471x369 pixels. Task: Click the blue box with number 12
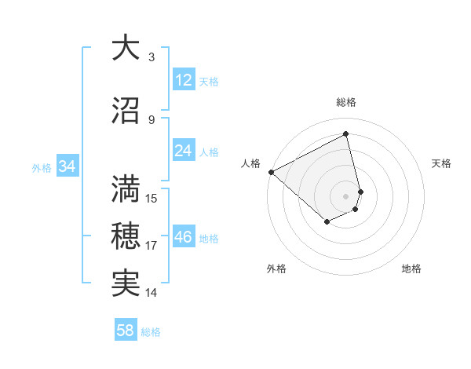(x=183, y=80)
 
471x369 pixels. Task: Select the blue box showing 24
(x=183, y=151)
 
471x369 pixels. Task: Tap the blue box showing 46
(x=183, y=237)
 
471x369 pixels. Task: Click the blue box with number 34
(x=68, y=166)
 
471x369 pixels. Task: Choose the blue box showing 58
(x=126, y=331)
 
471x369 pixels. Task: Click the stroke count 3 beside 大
(x=152, y=57)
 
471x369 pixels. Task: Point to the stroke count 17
(x=152, y=246)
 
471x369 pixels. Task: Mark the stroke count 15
(x=152, y=199)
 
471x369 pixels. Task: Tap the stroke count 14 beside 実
(x=152, y=293)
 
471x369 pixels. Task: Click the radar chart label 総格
(x=346, y=102)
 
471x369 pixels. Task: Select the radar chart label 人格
(x=250, y=163)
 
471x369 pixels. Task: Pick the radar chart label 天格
(x=442, y=163)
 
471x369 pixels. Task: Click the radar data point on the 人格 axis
(x=271, y=172)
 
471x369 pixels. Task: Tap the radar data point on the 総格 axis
(x=346, y=134)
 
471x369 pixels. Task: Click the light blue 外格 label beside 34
(x=42, y=167)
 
